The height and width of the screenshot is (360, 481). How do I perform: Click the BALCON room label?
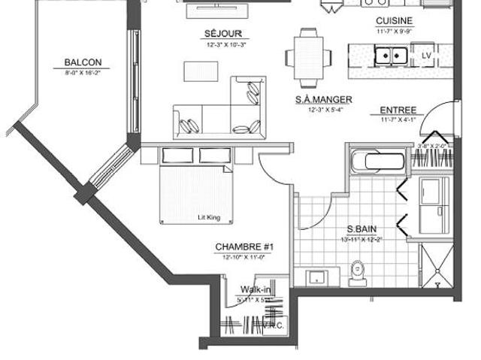pyautogui.click(x=83, y=62)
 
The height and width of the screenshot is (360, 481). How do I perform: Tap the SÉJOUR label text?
pyautogui.click(x=216, y=34)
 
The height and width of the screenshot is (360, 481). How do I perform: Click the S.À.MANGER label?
pyautogui.click(x=324, y=100)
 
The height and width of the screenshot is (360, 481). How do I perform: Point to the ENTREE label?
pyautogui.click(x=398, y=109)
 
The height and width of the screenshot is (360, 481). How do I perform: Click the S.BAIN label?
pyautogui.click(x=362, y=229)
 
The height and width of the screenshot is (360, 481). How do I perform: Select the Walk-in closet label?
pyautogui.click(x=256, y=289)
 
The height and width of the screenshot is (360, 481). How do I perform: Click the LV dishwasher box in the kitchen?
pyautogui.click(x=426, y=56)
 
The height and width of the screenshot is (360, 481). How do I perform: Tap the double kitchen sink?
pyautogui.click(x=391, y=55)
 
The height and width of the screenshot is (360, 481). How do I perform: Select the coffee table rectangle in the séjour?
pyautogui.click(x=201, y=70)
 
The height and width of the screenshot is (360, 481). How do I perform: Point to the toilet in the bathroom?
pyautogui.click(x=358, y=268)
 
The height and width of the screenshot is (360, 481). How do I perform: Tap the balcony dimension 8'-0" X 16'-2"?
pyautogui.click(x=83, y=74)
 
